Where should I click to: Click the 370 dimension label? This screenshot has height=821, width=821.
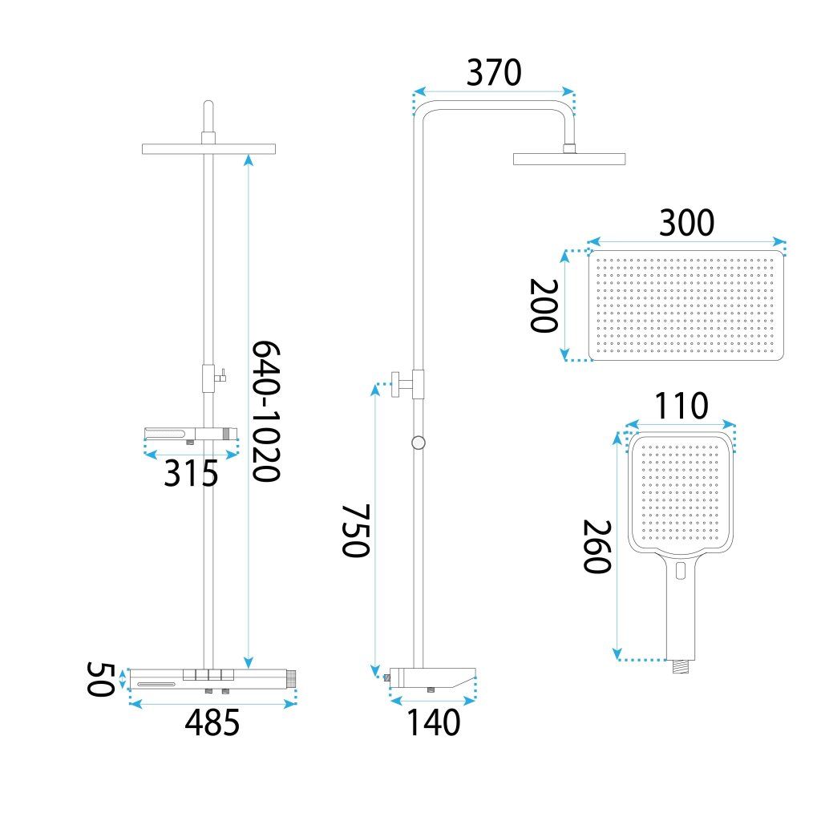click(x=494, y=73)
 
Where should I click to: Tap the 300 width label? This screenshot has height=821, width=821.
click(x=686, y=224)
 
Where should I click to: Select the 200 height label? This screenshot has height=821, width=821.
click(x=543, y=305)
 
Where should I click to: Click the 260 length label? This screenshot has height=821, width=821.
click(x=597, y=547)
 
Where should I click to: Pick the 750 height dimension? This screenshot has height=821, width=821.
click(x=355, y=531)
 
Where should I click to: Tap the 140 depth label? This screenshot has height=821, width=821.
click(x=433, y=722)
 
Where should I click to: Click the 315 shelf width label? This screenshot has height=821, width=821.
click(x=191, y=475)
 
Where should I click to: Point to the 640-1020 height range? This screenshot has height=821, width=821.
click(x=265, y=410)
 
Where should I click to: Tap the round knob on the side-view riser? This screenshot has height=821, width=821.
click(x=418, y=443)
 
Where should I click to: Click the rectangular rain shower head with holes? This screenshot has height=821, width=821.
click(x=686, y=305)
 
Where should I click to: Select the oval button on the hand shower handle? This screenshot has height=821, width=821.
click(x=681, y=571)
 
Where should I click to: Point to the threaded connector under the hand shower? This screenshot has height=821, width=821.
click(x=681, y=664)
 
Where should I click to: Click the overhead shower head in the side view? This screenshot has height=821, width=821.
click(x=569, y=158)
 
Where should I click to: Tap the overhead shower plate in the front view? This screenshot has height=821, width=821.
click(x=208, y=148)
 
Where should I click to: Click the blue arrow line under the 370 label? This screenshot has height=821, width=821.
click(x=494, y=91)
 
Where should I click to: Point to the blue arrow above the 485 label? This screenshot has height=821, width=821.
click(x=212, y=704)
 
